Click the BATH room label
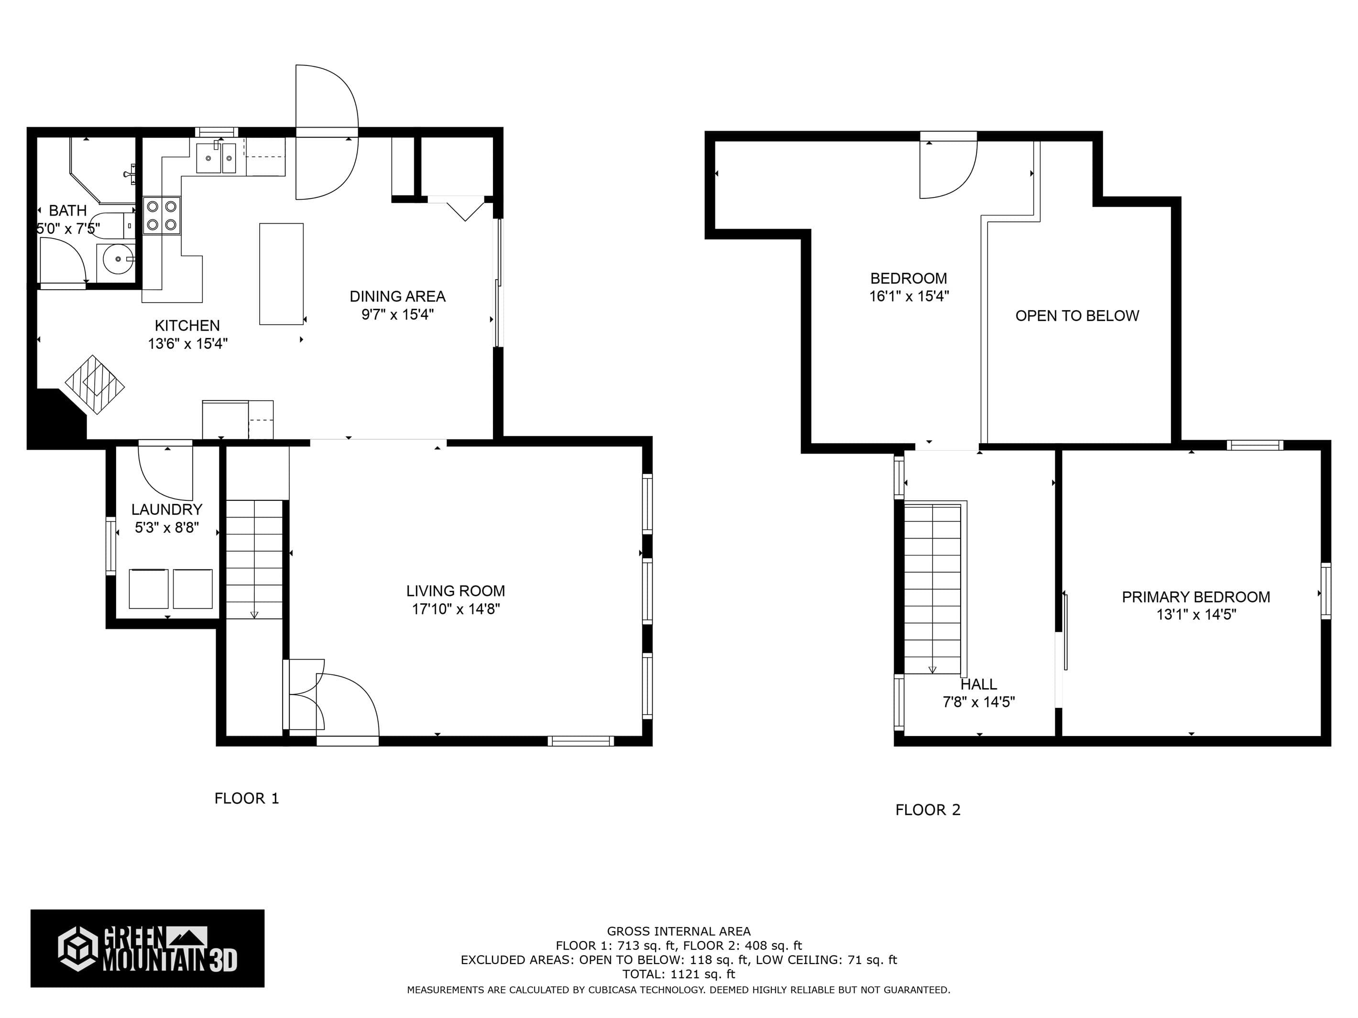(x=67, y=210)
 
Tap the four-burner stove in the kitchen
(x=162, y=216)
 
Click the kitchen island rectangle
(x=281, y=274)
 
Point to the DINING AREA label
(x=398, y=296)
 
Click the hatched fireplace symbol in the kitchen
(x=95, y=385)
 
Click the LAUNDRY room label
(x=167, y=509)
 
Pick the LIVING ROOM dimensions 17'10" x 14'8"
(x=456, y=609)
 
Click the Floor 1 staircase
(x=254, y=560)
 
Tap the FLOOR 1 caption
(x=247, y=798)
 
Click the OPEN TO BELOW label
(x=1077, y=316)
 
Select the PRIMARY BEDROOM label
(x=1196, y=597)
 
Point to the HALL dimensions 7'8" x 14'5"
(x=979, y=702)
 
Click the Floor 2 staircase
(x=932, y=589)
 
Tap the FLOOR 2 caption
(x=928, y=810)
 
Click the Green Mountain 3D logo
(x=147, y=949)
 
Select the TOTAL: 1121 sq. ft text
(x=679, y=974)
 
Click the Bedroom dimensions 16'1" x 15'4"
(x=909, y=296)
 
